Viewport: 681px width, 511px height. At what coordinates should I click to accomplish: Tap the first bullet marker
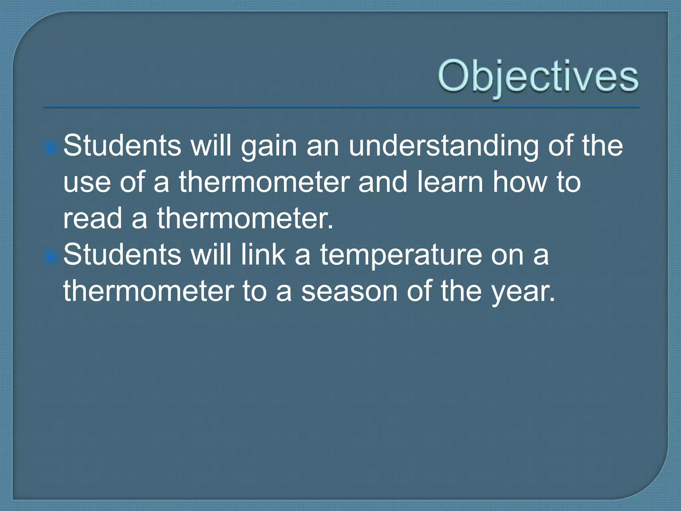coord(51,147)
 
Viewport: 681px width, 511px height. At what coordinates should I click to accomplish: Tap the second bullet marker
coord(51,256)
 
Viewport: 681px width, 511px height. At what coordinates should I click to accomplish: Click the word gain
coord(269,146)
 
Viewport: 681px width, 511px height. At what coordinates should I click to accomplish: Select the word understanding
coord(444,146)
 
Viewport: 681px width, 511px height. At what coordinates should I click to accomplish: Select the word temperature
coord(401,255)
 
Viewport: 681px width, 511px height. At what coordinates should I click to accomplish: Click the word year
coord(523,292)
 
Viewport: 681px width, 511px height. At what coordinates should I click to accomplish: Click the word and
coord(383,182)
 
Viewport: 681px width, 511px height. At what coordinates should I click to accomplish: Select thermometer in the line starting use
coord(264,182)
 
